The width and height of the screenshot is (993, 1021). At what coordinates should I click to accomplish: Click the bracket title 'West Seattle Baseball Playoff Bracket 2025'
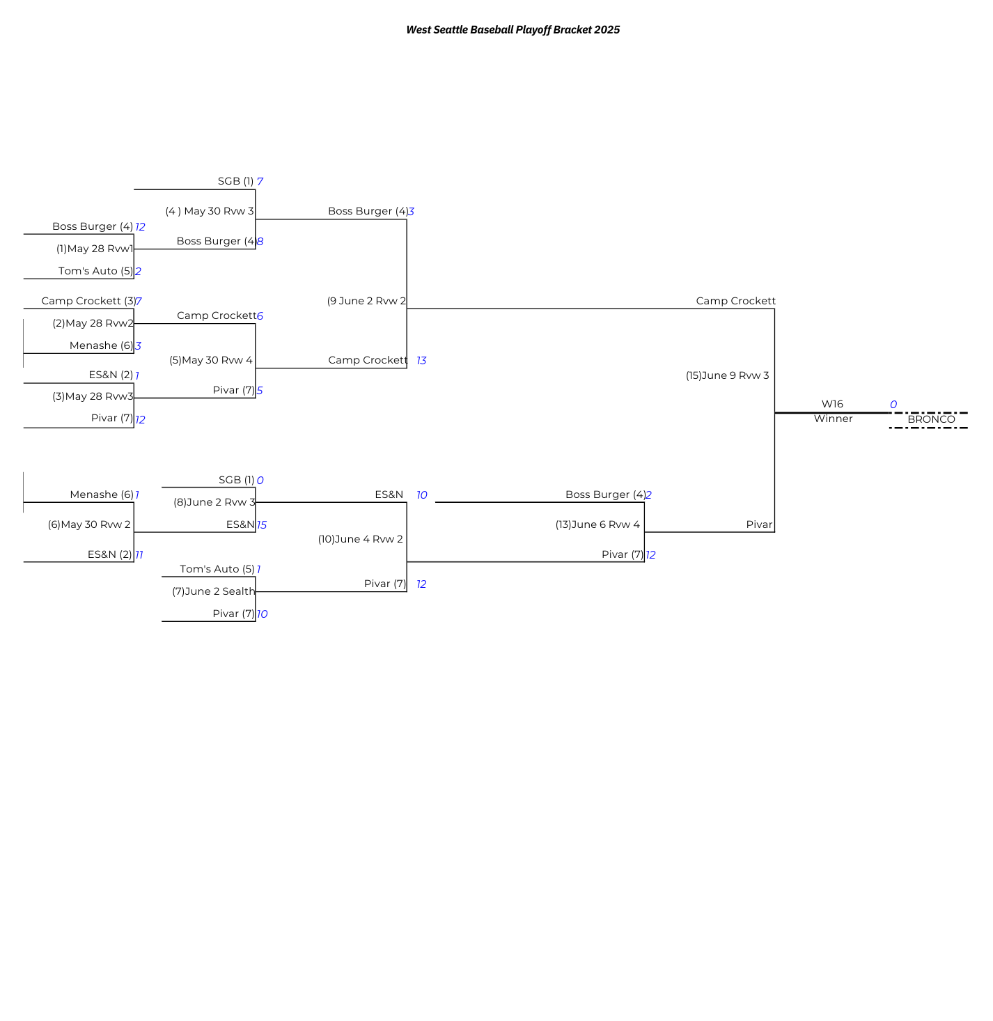(513, 30)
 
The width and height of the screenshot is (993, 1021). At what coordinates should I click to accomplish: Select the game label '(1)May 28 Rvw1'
(95, 249)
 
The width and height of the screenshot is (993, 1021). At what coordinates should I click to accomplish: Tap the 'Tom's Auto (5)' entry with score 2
(95, 271)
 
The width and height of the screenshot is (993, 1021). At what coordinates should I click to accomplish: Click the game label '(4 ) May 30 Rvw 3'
(210, 211)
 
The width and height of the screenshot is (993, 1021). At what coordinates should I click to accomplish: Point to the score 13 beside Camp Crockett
(421, 361)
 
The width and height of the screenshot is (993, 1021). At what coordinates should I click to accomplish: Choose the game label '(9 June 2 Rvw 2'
(366, 301)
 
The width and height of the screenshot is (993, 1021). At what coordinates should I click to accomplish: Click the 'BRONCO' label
(931, 419)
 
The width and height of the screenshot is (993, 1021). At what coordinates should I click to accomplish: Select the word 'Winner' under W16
(833, 419)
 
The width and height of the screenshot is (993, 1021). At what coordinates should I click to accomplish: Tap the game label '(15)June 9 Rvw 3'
(727, 375)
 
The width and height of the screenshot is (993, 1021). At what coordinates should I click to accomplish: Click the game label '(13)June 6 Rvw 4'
(597, 524)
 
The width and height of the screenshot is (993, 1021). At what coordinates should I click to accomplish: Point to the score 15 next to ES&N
(262, 525)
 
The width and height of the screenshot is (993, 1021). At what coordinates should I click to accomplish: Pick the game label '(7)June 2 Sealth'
(214, 591)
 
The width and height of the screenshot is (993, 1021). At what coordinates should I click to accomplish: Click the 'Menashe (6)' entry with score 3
(101, 345)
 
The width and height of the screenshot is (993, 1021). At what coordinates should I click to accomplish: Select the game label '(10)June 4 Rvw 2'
(361, 539)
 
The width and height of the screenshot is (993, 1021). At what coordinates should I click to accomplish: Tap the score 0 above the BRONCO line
(893, 405)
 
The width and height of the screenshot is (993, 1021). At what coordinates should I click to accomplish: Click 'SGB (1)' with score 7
(235, 181)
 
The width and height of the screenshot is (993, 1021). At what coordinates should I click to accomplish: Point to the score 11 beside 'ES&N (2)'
(139, 555)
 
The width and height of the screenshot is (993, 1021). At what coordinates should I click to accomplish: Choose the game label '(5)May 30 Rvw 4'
(211, 360)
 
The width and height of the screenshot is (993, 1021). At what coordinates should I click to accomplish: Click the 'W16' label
(832, 404)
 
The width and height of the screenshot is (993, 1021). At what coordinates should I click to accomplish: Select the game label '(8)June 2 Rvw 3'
(214, 502)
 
